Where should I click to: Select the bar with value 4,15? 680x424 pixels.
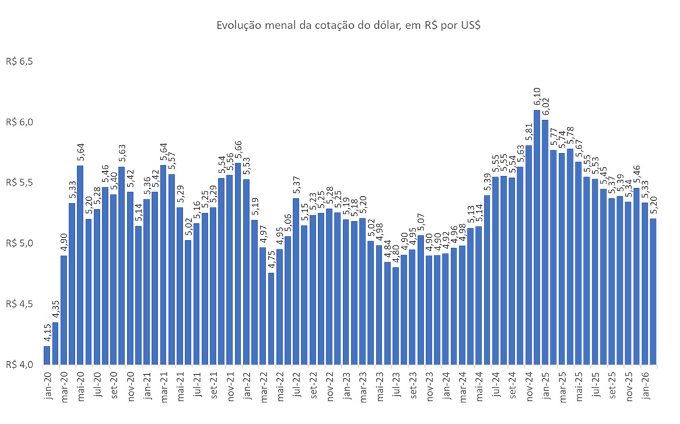(x=47, y=355)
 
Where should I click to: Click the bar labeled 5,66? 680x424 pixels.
(x=238, y=263)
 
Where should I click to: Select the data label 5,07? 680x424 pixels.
(x=421, y=223)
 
